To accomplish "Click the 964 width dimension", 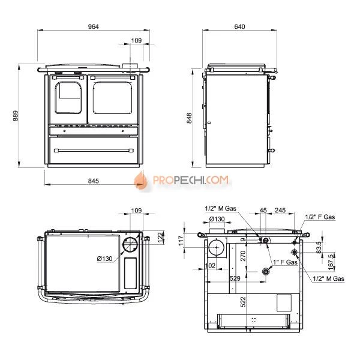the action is pyautogui.click(x=94, y=26).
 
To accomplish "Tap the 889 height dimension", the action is pyautogui.click(x=16, y=116).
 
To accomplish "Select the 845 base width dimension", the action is pyautogui.click(x=94, y=181).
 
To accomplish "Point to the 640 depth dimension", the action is pyautogui.click(x=239, y=26).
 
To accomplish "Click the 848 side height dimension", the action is pyautogui.click(x=189, y=118).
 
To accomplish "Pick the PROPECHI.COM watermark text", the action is pyautogui.click(x=191, y=180).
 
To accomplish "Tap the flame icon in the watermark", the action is pyautogui.click(x=141, y=181).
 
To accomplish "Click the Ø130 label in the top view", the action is pyautogui.click(x=104, y=259).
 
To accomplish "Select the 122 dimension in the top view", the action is pyautogui.click(x=161, y=237).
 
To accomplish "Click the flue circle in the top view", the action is pyautogui.click(x=130, y=245).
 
